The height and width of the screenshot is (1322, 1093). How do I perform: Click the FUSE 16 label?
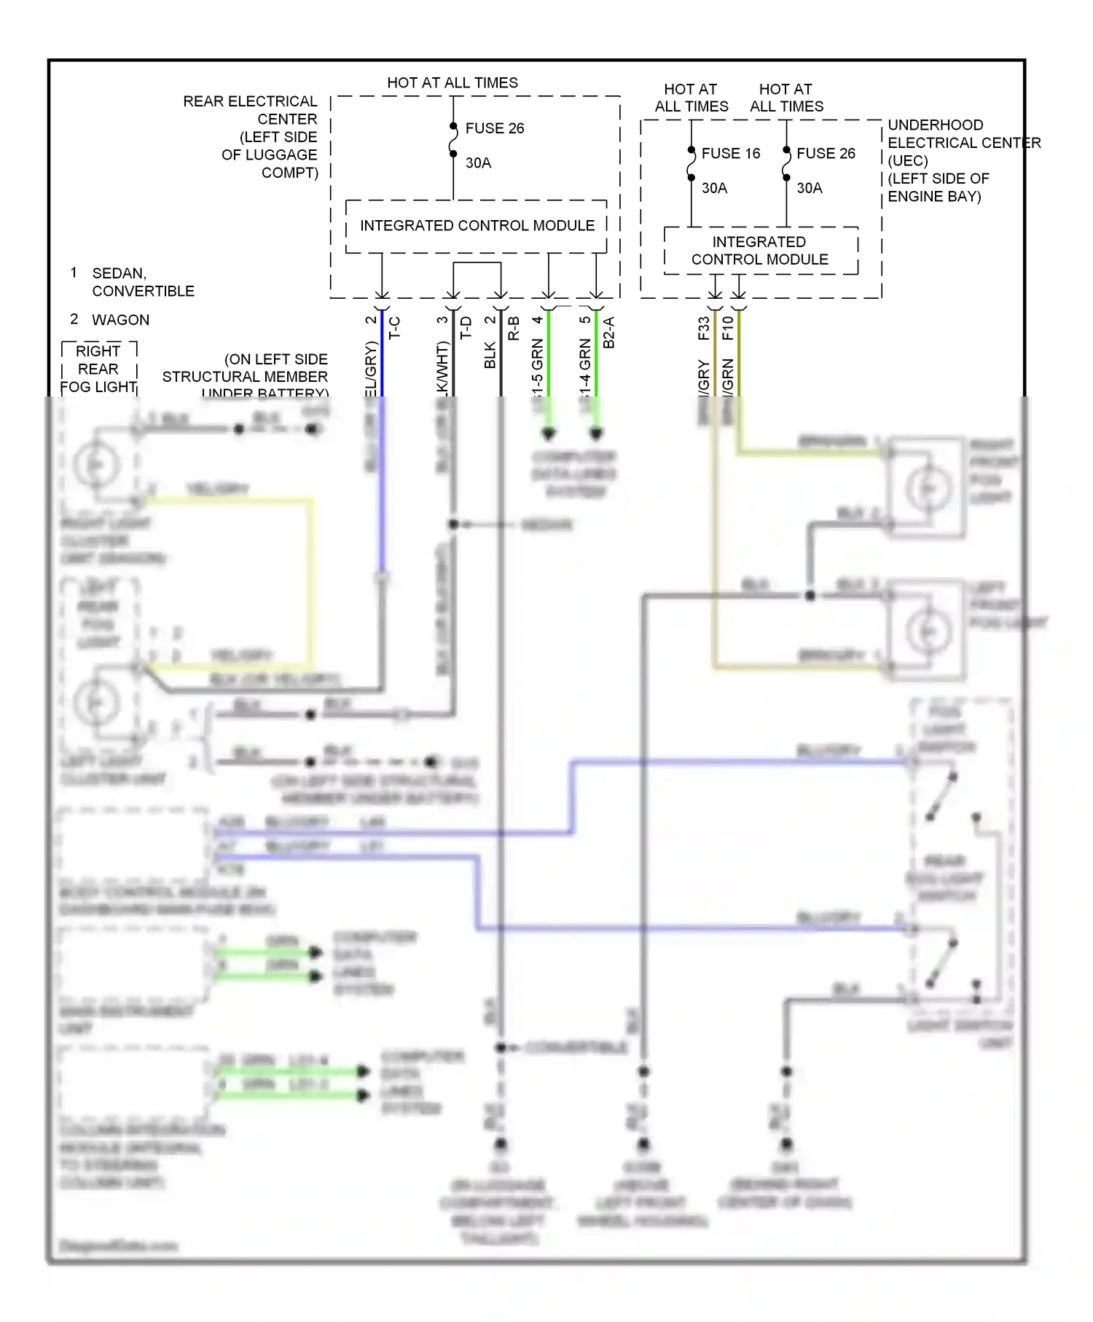click(730, 153)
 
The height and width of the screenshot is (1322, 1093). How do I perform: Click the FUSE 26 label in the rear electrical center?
click(495, 128)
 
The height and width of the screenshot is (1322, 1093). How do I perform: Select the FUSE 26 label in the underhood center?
click(826, 153)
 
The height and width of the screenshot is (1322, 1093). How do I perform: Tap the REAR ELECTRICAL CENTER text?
click(250, 109)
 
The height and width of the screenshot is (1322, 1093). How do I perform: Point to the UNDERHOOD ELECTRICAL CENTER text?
click(963, 134)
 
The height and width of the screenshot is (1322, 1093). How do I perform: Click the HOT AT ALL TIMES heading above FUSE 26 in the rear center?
click(453, 83)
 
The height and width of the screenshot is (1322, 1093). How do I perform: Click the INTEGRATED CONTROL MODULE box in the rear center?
click(477, 226)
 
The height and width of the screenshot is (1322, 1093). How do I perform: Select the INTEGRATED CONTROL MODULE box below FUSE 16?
click(759, 251)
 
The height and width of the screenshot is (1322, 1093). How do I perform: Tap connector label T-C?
click(394, 327)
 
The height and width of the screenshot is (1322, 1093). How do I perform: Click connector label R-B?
click(514, 328)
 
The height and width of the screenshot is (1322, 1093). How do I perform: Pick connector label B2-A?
click(609, 332)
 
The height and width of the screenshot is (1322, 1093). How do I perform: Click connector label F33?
click(703, 328)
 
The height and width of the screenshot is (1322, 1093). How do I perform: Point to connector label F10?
click(727, 328)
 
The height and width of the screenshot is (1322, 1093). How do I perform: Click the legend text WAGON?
click(120, 320)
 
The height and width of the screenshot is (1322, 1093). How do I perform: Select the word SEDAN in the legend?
click(119, 273)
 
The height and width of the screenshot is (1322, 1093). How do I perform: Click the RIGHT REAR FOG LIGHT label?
click(98, 369)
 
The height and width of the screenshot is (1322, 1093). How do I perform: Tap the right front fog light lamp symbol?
click(927, 488)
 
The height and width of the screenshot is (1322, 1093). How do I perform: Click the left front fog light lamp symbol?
click(927, 631)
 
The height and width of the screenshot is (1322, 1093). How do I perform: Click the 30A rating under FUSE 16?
click(714, 188)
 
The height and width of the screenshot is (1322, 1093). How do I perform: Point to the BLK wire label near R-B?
click(490, 355)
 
